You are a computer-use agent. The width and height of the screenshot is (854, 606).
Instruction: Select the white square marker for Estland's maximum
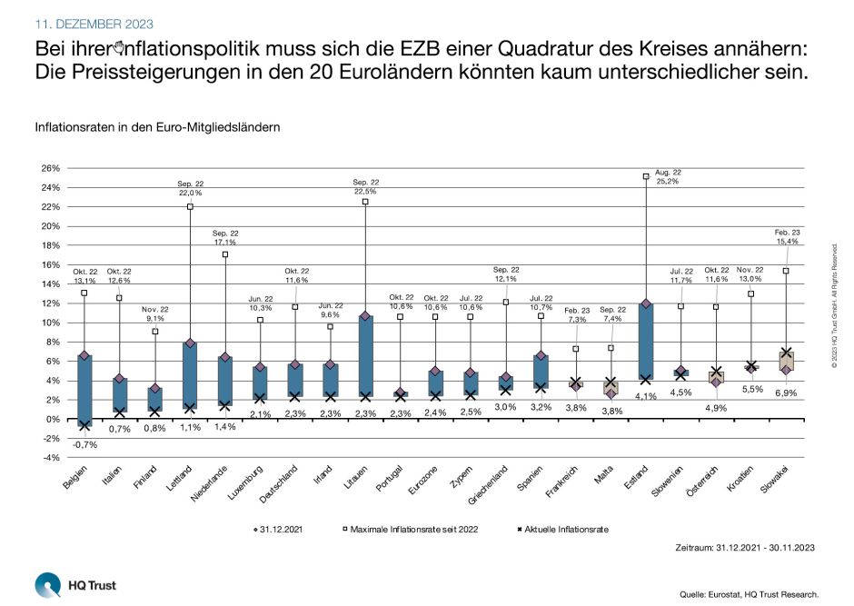645,177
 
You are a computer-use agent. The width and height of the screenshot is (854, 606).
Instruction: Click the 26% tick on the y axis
50,169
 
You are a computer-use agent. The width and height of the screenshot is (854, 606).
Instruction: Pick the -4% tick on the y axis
50,458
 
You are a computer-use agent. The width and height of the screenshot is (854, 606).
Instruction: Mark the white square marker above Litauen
365,202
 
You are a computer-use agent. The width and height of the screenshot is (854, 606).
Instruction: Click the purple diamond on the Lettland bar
189,343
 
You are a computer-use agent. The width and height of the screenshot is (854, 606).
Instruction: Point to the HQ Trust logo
63,583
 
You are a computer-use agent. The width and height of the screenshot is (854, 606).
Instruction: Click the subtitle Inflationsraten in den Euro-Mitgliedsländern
157,126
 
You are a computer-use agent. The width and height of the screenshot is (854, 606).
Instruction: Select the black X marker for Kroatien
751,366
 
